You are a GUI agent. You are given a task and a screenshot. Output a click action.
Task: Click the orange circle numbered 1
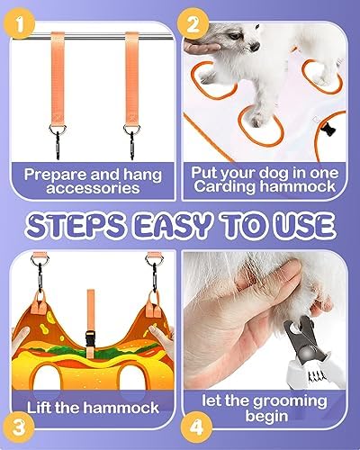tap(20, 24)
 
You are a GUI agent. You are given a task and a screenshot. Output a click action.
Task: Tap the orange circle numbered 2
tap(193, 24)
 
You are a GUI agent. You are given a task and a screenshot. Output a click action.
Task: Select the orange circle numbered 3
tap(20, 427)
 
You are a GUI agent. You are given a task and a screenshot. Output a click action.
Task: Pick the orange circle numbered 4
tap(197, 427)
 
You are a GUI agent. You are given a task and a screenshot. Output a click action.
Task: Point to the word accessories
tap(93, 188)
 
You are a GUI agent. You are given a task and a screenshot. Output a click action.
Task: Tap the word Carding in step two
tap(225, 186)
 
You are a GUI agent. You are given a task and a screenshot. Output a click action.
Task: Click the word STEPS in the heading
tap(76, 225)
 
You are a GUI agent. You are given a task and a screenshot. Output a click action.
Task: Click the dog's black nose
tap(255, 47)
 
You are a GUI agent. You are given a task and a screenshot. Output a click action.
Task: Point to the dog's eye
tap(236, 36)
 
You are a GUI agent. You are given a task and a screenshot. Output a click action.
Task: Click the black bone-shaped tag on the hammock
tap(328, 130)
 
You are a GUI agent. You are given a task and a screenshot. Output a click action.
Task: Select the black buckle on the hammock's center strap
tap(90, 340)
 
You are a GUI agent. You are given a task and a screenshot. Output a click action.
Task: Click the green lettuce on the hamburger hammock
tap(90, 350)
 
